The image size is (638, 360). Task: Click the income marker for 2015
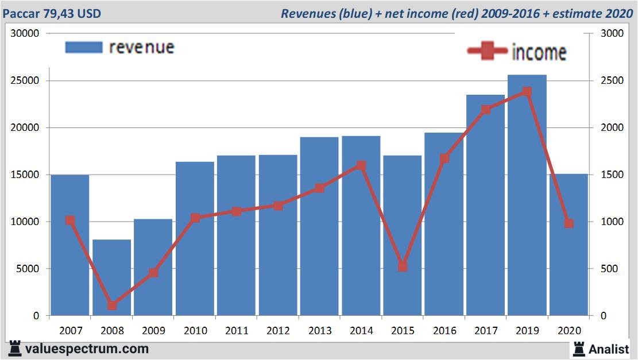pyautogui.click(x=403, y=266)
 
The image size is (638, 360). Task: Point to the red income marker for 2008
pyautogui.click(x=112, y=305)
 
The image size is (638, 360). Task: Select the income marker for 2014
pyautogui.click(x=361, y=165)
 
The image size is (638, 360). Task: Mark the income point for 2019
pyautogui.click(x=527, y=91)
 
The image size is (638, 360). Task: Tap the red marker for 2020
pyautogui.click(x=569, y=223)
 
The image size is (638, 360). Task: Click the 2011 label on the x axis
pyautogui.click(x=237, y=331)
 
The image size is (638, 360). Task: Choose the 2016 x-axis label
pyautogui.click(x=444, y=331)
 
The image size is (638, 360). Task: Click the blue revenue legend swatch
pyautogui.click(x=83, y=47)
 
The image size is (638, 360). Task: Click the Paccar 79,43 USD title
pyautogui.click(x=52, y=13)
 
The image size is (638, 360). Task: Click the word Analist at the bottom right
pyautogui.click(x=609, y=349)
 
